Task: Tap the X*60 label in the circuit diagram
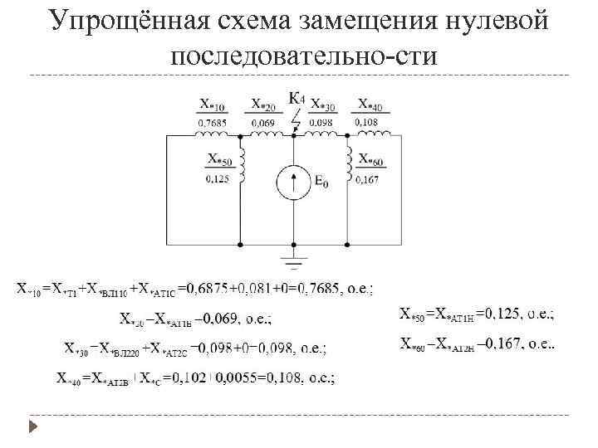[x=370, y=158]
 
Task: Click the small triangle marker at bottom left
[x=32, y=428]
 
